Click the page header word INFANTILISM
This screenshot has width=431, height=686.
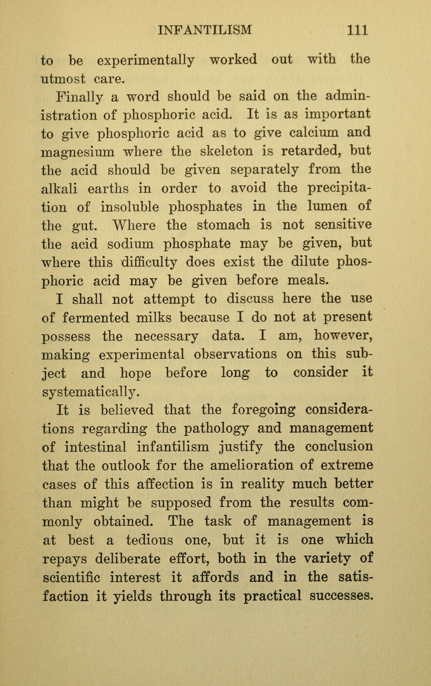tap(216, 26)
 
